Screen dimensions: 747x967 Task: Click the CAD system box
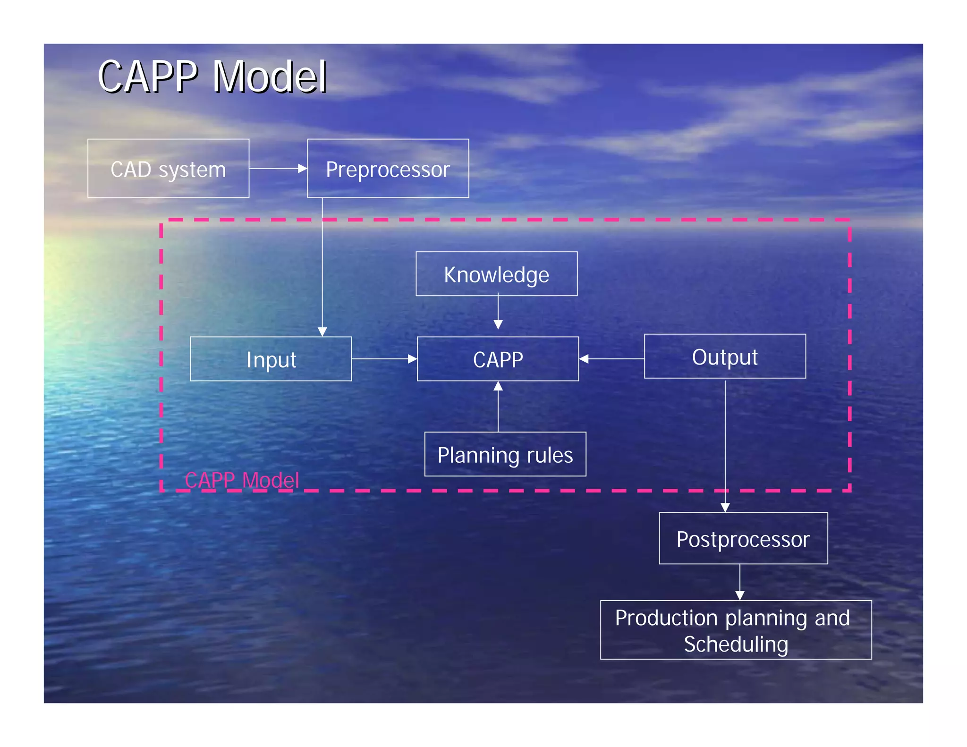point(168,169)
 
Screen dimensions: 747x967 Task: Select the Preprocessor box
point(388,169)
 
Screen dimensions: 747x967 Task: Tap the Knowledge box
point(496,274)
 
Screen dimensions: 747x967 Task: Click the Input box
point(271,359)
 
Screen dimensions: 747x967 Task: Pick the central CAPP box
point(498,359)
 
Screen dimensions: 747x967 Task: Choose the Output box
point(725,357)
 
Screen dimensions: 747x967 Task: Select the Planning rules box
point(505,454)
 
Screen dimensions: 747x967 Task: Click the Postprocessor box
point(743,538)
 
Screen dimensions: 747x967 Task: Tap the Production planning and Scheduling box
point(736,630)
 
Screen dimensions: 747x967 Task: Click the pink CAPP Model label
point(242,480)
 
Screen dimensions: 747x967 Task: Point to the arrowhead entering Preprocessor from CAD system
point(303,169)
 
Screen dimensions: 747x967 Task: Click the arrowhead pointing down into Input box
point(322,331)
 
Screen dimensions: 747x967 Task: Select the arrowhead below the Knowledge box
point(498,324)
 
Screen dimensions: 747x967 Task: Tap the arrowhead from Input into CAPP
point(412,359)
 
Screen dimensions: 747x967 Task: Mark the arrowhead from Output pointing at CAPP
point(584,359)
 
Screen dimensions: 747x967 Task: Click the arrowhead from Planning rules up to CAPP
point(498,386)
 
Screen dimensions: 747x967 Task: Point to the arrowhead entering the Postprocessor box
point(725,508)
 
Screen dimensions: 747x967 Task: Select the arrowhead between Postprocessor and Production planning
point(740,595)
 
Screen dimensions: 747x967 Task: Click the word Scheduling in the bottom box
point(736,645)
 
